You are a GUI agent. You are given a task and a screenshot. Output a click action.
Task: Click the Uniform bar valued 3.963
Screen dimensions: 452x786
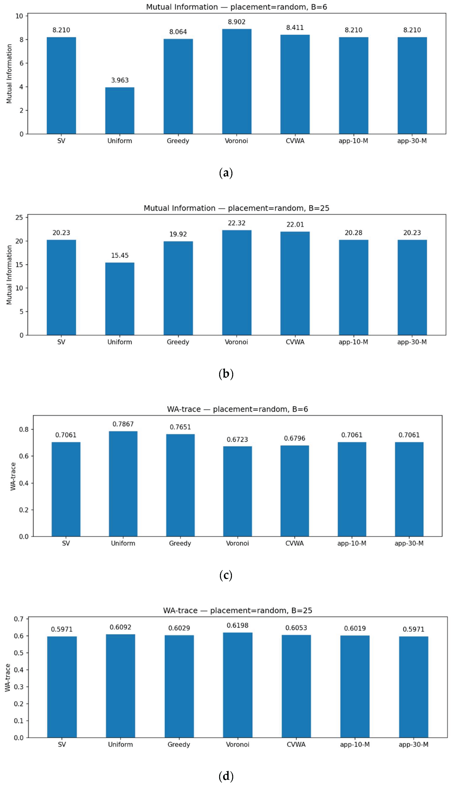(x=120, y=111)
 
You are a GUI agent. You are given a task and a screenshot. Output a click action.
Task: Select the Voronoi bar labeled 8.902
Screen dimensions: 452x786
(x=237, y=82)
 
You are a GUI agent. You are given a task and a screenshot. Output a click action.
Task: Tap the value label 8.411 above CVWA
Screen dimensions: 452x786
(x=295, y=28)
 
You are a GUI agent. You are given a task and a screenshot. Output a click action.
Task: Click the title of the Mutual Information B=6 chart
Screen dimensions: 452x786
(x=237, y=7)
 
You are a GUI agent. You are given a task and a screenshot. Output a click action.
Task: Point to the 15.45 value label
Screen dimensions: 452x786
(x=120, y=256)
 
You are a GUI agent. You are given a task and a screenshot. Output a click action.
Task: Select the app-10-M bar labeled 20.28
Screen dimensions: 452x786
(x=354, y=287)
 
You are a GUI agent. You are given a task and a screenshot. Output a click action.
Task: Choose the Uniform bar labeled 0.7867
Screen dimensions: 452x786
(x=123, y=484)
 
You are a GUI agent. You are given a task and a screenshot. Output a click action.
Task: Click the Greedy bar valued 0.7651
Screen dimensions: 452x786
(x=180, y=485)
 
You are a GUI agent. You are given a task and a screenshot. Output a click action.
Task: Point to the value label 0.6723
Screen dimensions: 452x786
(x=237, y=440)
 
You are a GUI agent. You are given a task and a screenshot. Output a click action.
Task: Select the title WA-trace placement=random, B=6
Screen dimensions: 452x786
(x=237, y=409)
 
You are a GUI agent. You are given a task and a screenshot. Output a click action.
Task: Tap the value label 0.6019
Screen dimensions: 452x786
(x=355, y=628)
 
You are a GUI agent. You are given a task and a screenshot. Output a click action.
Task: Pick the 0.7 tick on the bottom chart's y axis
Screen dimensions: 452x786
(x=19, y=619)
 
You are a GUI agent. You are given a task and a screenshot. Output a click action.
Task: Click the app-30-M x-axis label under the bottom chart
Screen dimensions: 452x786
(x=414, y=744)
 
